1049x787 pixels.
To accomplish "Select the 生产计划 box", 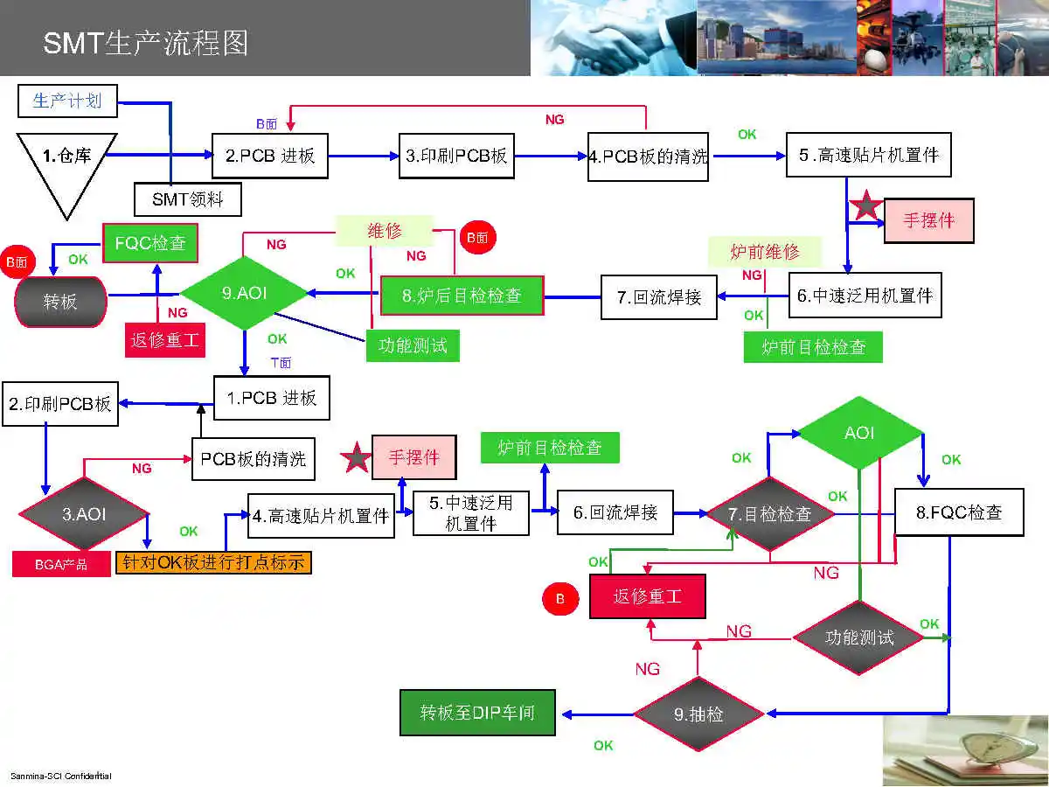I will pyautogui.click(x=66, y=101).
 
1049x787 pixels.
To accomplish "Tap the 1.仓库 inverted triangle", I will pyautogui.click(x=67, y=162).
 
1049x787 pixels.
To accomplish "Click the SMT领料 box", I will pyautogui.click(x=187, y=199).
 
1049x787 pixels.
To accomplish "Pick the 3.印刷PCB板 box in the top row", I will pyautogui.click(x=455, y=157).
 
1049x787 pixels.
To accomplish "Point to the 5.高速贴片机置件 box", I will pyautogui.click(x=867, y=156).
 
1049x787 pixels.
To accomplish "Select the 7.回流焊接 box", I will pyautogui.click(x=658, y=296).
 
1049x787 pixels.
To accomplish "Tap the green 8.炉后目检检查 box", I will pyautogui.click(x=462, y=296).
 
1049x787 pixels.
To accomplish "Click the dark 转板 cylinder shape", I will pyautogui.click(x=60, y=302).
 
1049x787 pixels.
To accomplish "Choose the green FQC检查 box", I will pyautogui.click(x=150, y=243).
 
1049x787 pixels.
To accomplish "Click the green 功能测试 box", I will pyautogui.click(x=412, y=345).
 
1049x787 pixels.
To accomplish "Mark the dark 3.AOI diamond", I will pyautogui.click(x=84, y=514).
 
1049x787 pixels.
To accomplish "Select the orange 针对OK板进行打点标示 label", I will pyautogui.click(x=213, y=562).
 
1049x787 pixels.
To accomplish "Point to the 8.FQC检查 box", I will pyautogui.click(x=958, y=512).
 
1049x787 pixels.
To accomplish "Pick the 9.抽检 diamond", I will pyautogui.click(x=698, y=714).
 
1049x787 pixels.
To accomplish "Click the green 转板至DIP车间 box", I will pyautogui.click(x=477, y=713).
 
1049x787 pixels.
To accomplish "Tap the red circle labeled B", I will pyautogui.click(x=560, y=599).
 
